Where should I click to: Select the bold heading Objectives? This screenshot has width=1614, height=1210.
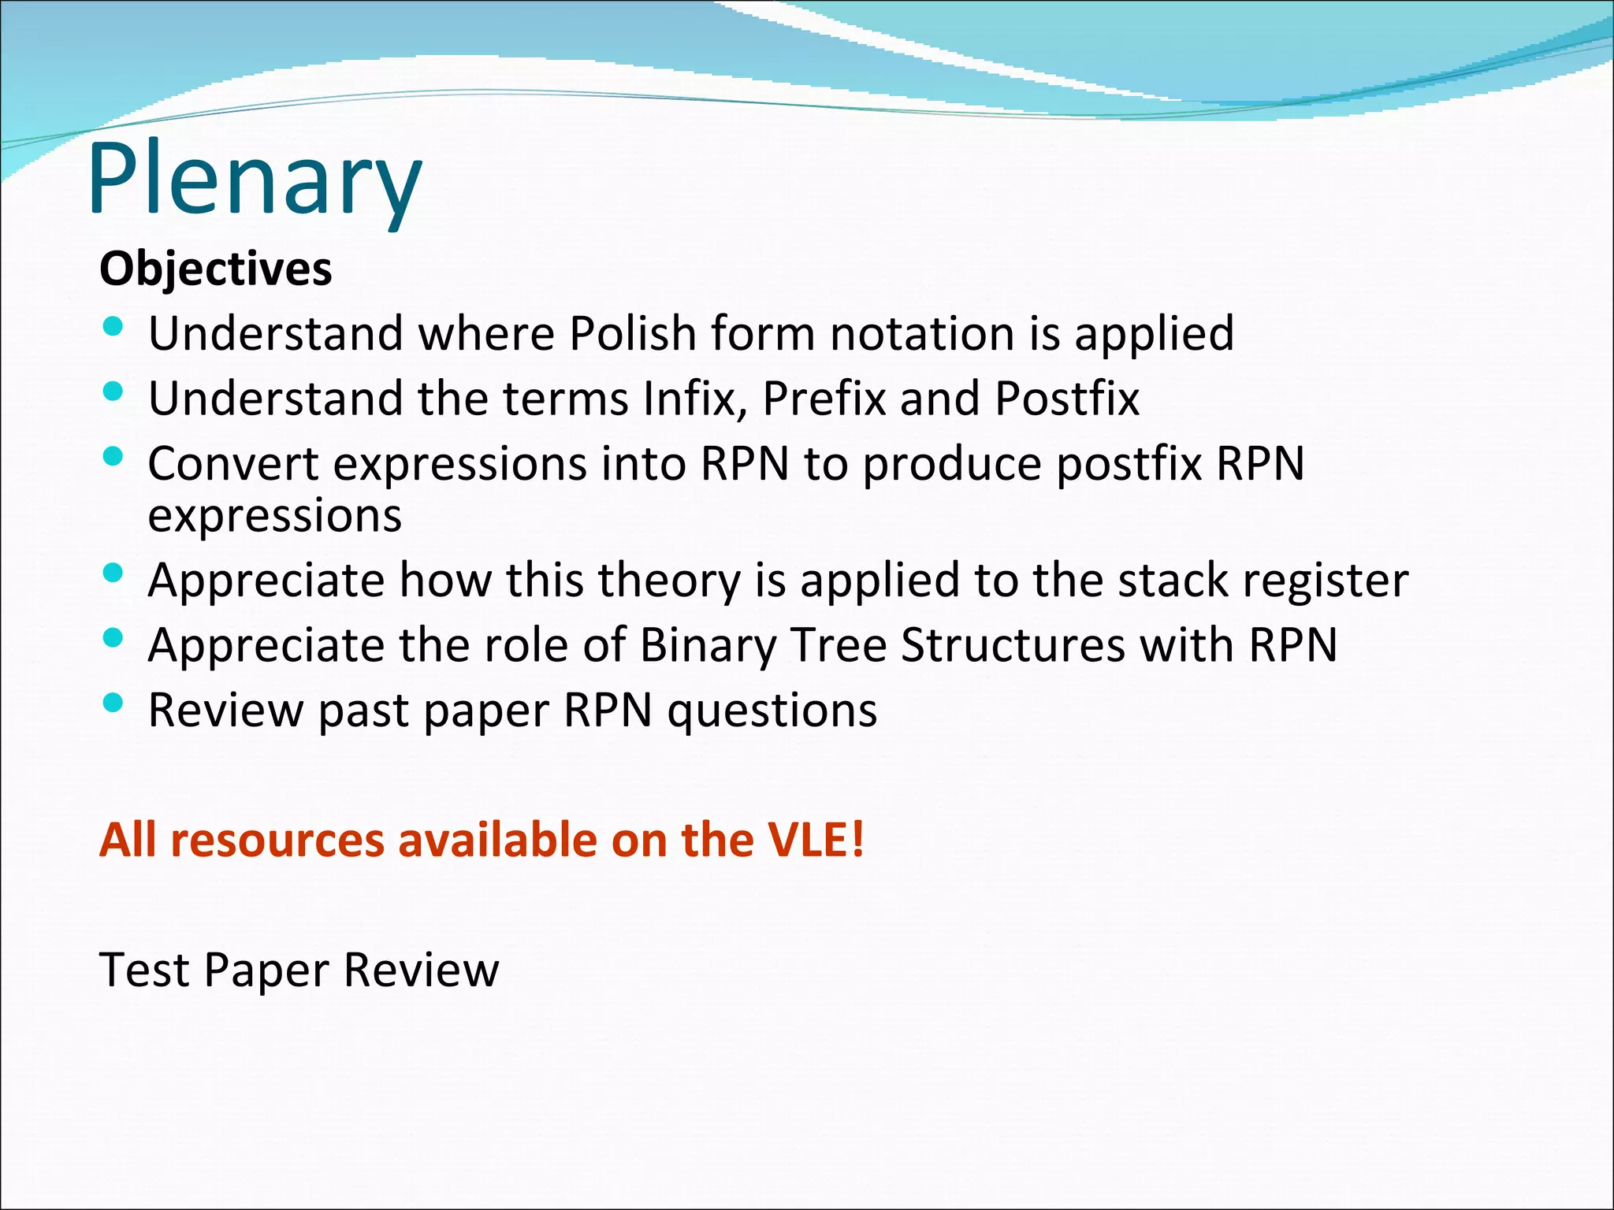pyautogui.click(x=215, y=269)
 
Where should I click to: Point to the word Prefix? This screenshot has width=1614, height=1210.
pyautogui.click(x=824, y=398)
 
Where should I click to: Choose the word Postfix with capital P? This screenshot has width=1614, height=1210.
pyautogui.click(x=1066, y=398)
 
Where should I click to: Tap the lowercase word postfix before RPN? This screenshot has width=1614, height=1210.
pyautogui.click(x=1129, y=465)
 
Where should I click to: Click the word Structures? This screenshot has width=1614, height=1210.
pyautogui.click(x=1013, y=645)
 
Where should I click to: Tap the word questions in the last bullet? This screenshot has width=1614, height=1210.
pyautogui.click(x=772, y=711)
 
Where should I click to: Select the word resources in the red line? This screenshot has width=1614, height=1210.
pyautogui.click(x=277, y=840)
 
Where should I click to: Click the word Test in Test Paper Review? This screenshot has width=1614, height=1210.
pyautogui.click(x=144, y=969)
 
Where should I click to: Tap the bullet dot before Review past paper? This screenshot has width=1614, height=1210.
pyautogui.click(x=113, y=702)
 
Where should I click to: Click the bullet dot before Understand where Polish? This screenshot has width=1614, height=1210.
pyautogui.click(x=113, y=326)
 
